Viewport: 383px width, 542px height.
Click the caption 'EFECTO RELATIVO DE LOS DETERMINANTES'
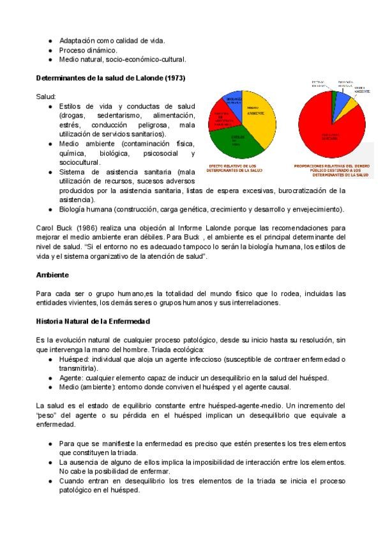tap(236, 169)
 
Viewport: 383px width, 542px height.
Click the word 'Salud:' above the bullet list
tap(47, 96)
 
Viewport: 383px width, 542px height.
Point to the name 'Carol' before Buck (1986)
tap(46, 228)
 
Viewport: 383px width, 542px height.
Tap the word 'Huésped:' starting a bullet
tap(72, 359)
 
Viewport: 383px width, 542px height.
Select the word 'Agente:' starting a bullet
tap(70, 378)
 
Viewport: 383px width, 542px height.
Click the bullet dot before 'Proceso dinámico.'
tap(50, 50)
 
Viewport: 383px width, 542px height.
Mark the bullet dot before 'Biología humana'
tap(50, 210)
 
